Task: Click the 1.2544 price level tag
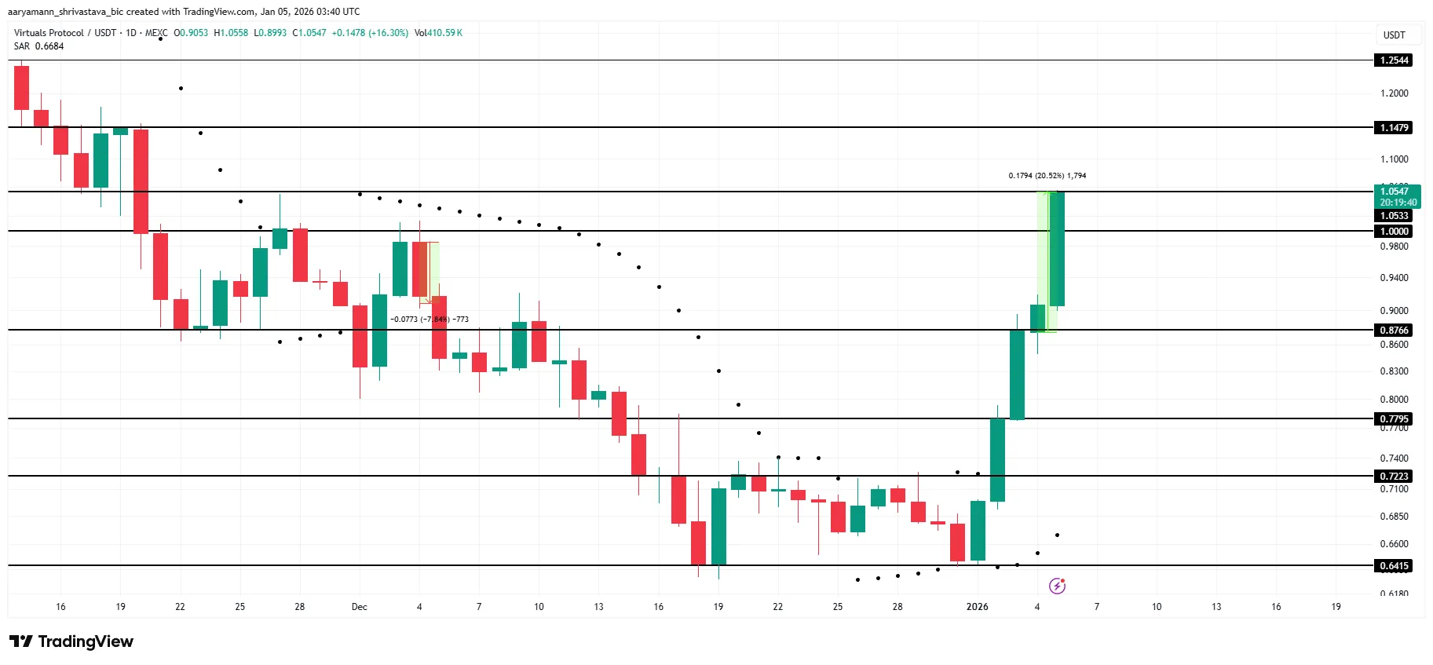(x=1394, y=60)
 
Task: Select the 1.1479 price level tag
(x=1394, y=128)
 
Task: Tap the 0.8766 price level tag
(x=1394, y=331)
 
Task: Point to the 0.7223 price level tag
(x=1394, y=477)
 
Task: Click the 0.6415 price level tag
(x=1394, y=566)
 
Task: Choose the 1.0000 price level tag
(x=1394, y=232)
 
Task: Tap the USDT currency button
(x=1394, y=35)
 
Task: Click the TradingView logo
(x=71, y=641)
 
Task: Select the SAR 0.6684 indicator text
(x=39, y=46)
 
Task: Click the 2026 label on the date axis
(x=977, y=607)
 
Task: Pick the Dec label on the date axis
(x=359, y=607)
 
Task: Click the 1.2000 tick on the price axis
(x=1394, y=93)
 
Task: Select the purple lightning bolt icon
(x=1057, y=586)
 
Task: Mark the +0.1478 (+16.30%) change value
(x=370, y=33)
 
